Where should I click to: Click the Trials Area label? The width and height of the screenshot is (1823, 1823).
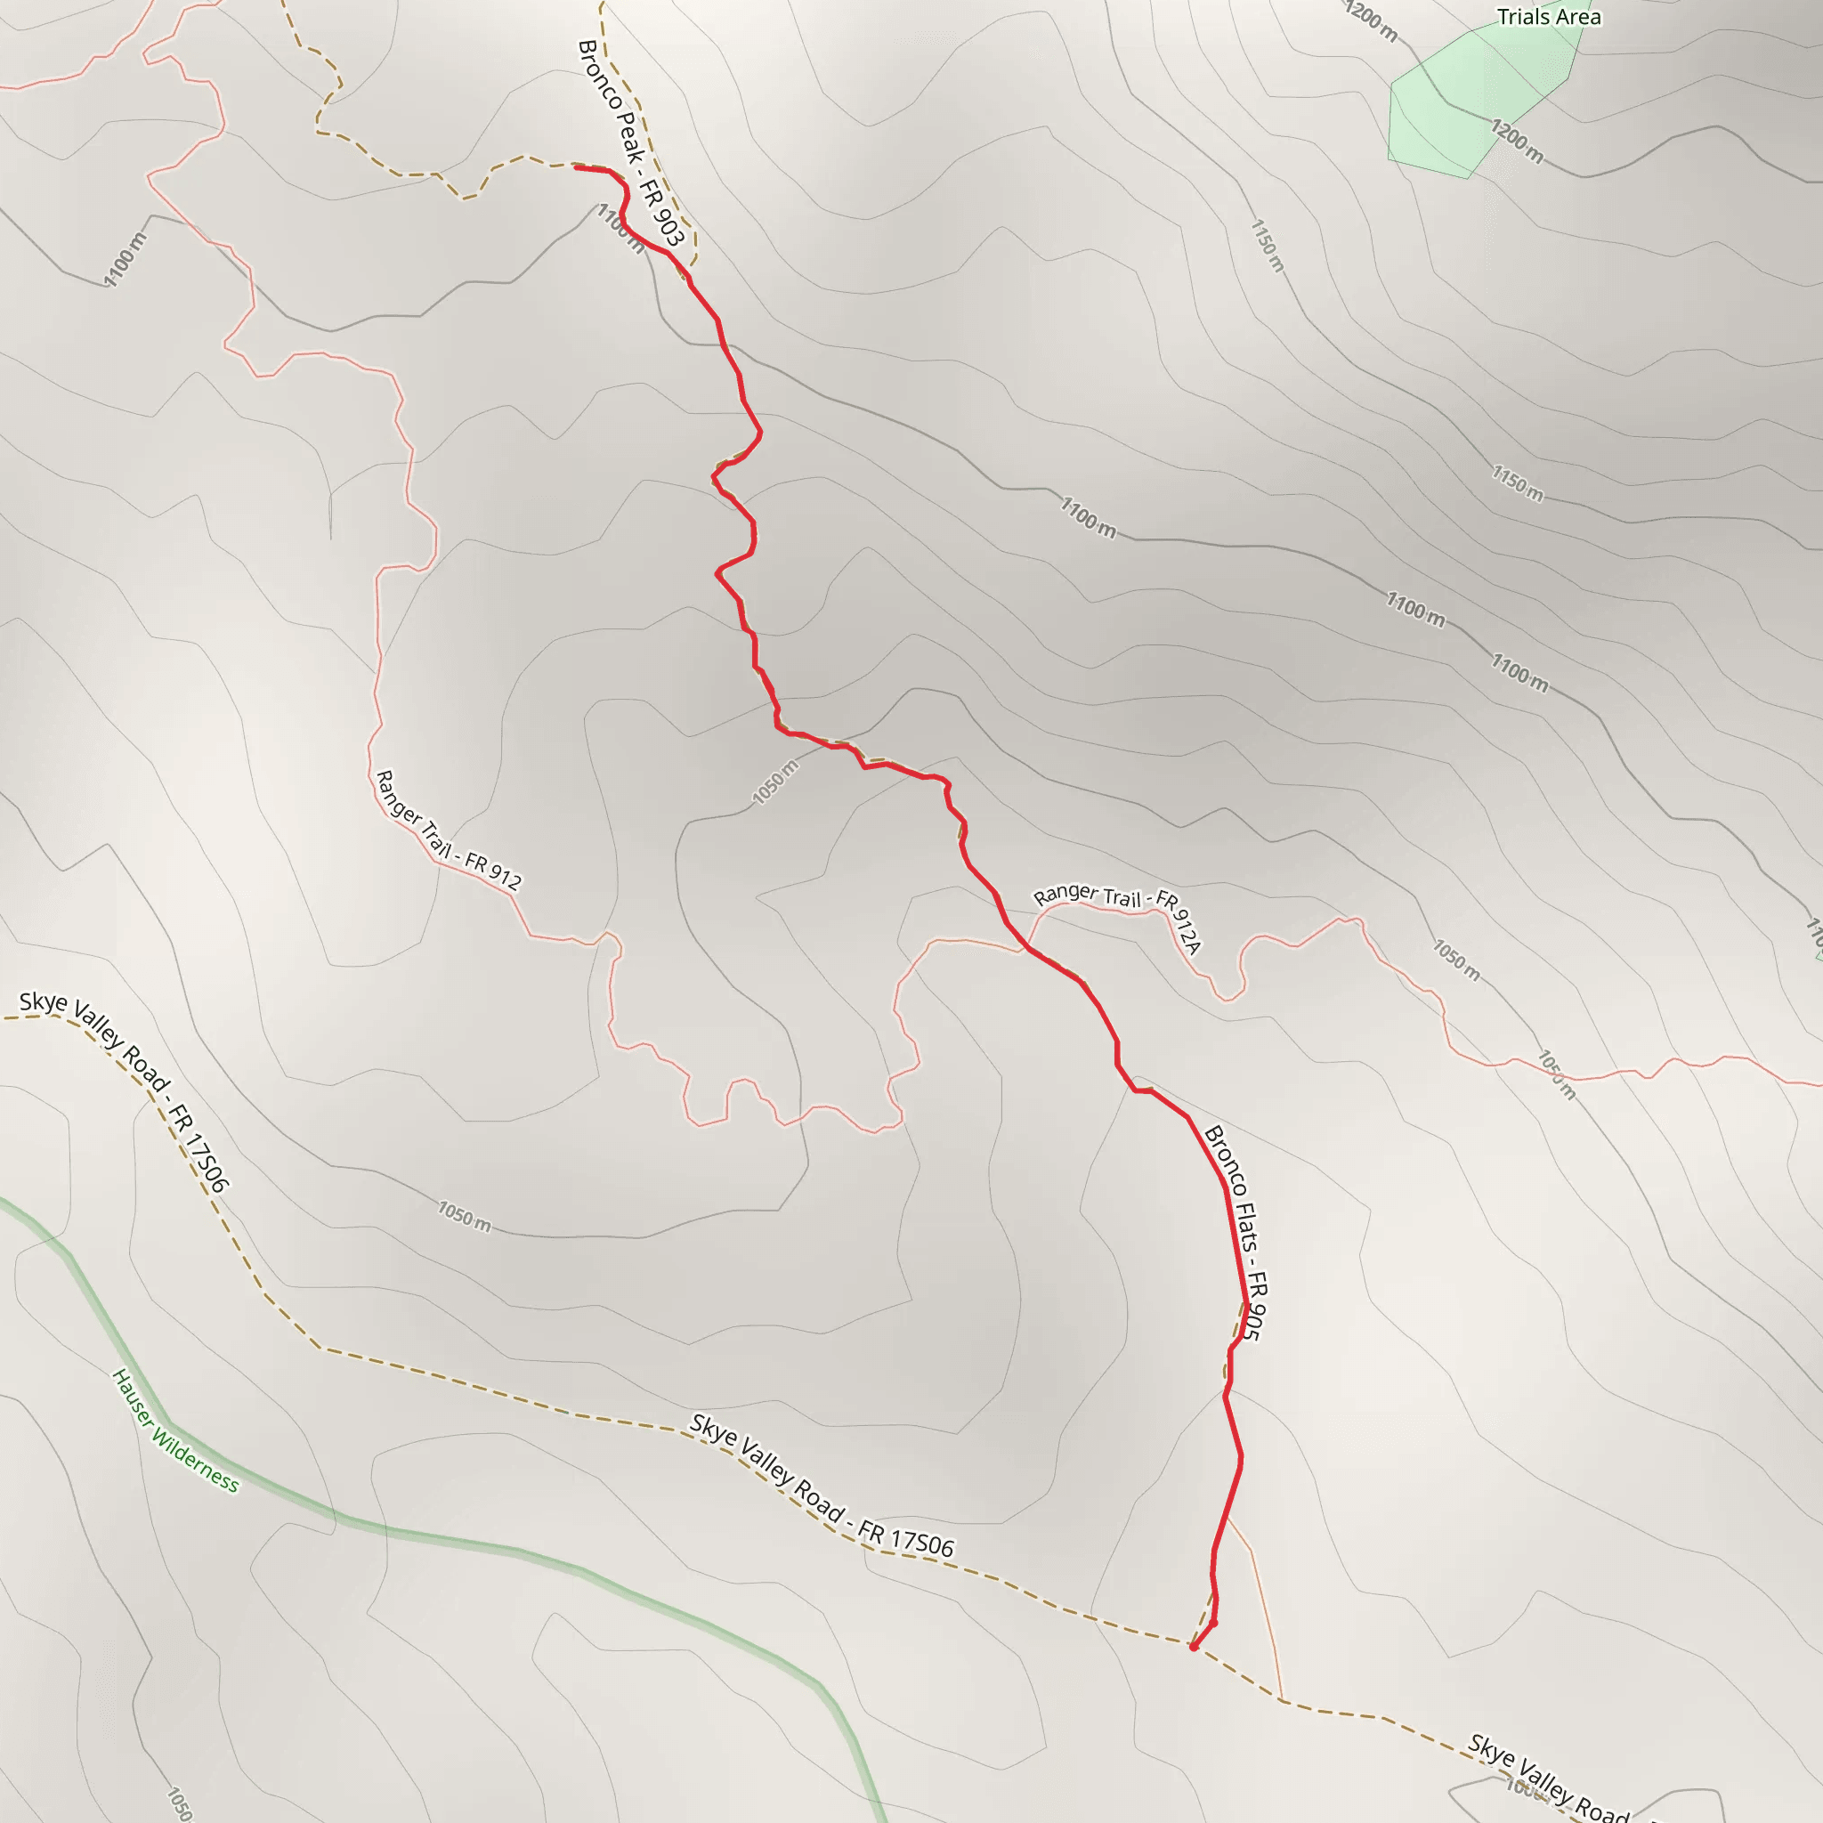[x=1549, y=17]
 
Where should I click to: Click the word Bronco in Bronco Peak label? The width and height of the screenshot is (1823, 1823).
[x=600, y=76]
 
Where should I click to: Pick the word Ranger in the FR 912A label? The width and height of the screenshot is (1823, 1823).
[x=1066, y=894]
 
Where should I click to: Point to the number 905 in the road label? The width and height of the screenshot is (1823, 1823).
[x=1253, y=1321]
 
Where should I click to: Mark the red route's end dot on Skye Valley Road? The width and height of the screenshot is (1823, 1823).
[x=1194, y=1648]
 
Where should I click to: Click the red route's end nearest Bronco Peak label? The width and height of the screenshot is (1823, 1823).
[x=577, y=168]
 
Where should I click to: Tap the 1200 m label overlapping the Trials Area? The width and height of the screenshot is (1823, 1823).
[x=1516, y=141]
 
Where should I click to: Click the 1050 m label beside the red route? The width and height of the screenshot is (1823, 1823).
[x=774, y=782]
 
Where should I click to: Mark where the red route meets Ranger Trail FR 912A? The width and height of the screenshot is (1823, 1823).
[x=1026, y=947]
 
